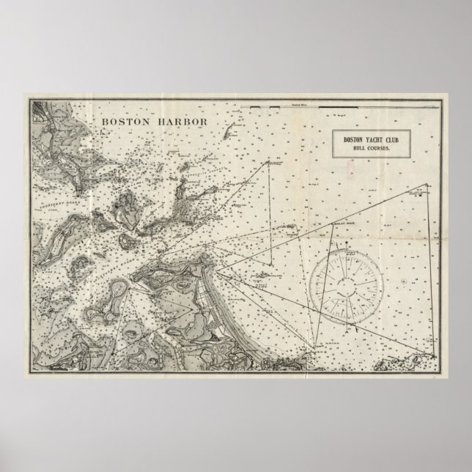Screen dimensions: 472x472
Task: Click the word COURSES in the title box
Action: [x=374, y=148]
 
